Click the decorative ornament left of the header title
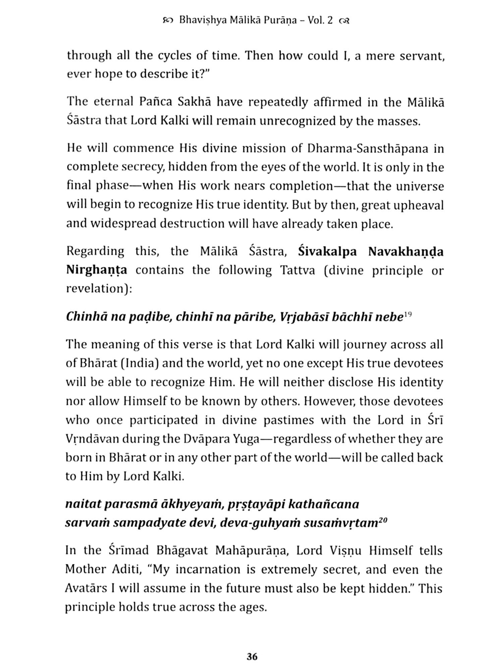pos(167,21)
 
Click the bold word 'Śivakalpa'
pos(327,252)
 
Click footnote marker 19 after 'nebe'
pos(408,314)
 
